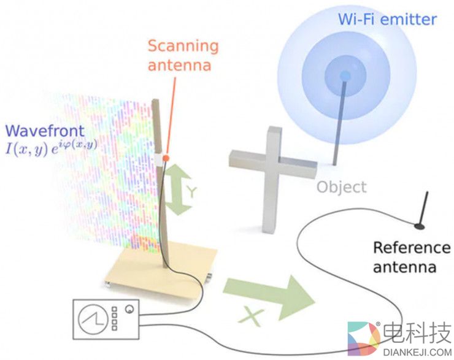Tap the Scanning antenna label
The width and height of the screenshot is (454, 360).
(183, 55)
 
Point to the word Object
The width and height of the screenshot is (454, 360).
(341, 186)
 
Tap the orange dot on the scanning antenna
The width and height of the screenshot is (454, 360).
(166, 158)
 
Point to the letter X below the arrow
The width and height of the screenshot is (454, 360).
(250, 317)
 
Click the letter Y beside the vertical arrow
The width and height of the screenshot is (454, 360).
(192, 192)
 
